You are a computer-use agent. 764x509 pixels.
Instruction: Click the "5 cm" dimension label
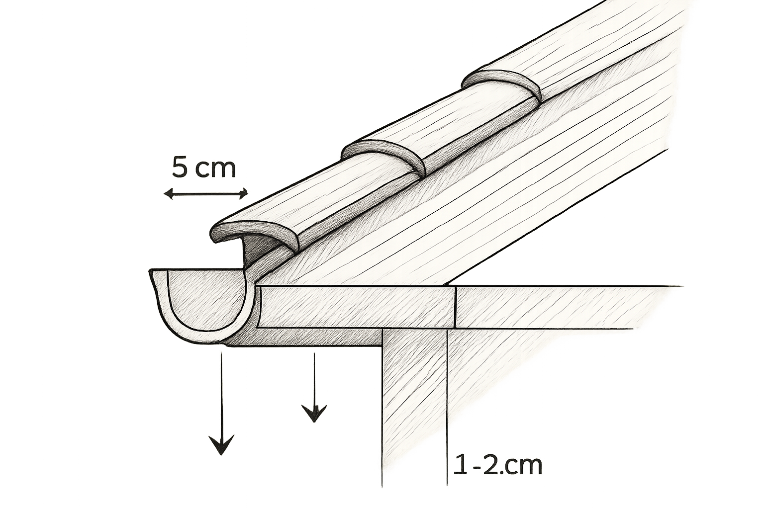pyautogui.click(x=203, y=168)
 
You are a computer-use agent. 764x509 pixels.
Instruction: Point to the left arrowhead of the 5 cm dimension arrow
pyautogui.click(x=169, y=194)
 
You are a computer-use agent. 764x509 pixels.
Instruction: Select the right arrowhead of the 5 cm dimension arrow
pyautogui.click(x=243, y=194)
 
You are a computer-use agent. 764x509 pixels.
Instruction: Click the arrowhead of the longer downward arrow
pyautogui.click(x=222, y=444)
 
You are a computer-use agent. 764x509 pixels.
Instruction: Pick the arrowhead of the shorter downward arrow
pyautogui.click(x=314, y=413)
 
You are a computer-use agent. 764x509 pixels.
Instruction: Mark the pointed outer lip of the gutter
pyautogui.click(x=151, y=273)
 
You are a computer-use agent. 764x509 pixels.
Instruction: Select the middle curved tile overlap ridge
pyautogui.click(x=385, y=154)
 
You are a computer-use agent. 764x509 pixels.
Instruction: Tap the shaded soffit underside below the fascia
pyautogui.click(x=307, y=338)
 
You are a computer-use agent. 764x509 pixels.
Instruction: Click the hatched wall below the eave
pyautogui.click(x=414, y=409)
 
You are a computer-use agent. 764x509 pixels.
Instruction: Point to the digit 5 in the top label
pyautogui.click(x=180, y=168)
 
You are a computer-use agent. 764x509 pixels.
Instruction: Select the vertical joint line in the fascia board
pyautogui.click(x=456, y=308)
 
